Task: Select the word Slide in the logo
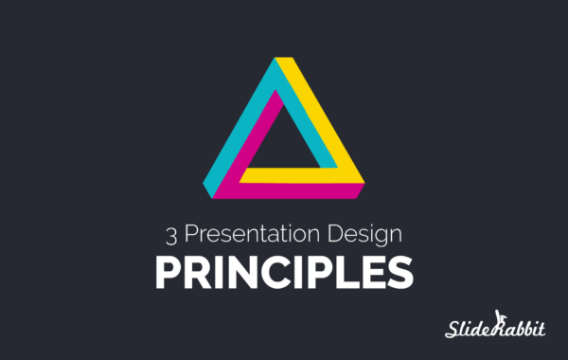pos(468,329)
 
